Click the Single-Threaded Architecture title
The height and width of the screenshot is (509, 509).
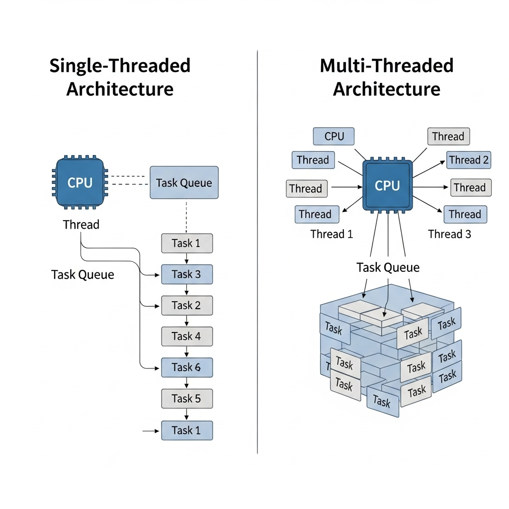(x=120, y=78)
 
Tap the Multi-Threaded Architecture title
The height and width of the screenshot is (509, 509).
(x=387, y=78)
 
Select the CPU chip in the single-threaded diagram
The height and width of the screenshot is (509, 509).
(x=80, y=182)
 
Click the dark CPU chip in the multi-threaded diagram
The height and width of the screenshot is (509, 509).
(x=387, y=185)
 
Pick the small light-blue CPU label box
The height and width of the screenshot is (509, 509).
(x=334, y=136)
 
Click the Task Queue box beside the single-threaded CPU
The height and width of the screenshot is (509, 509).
(x=184, y=182)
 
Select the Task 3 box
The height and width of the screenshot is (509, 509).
(x=187, y=274)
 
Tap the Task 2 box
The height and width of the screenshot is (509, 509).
(x=187, y=305)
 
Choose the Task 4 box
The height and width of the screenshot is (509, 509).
(x=187, y=337)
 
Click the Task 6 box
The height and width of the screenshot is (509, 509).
(x=187, y=367)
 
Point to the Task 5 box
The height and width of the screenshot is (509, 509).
(x=187, y=399)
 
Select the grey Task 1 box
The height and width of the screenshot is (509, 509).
(x=187, y=243)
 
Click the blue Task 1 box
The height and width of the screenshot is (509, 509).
(x=187, y=430)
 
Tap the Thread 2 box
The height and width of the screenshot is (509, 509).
(x=468, y=160)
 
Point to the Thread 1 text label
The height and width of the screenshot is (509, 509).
(x=332, y=234)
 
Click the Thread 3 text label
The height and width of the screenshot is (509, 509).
(x=449, y=234)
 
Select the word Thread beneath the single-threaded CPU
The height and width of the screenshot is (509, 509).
(x=81, y=225)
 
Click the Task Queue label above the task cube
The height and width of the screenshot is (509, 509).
(x=388, y=267)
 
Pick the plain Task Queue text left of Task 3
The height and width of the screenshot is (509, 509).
(x=83, y=274)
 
